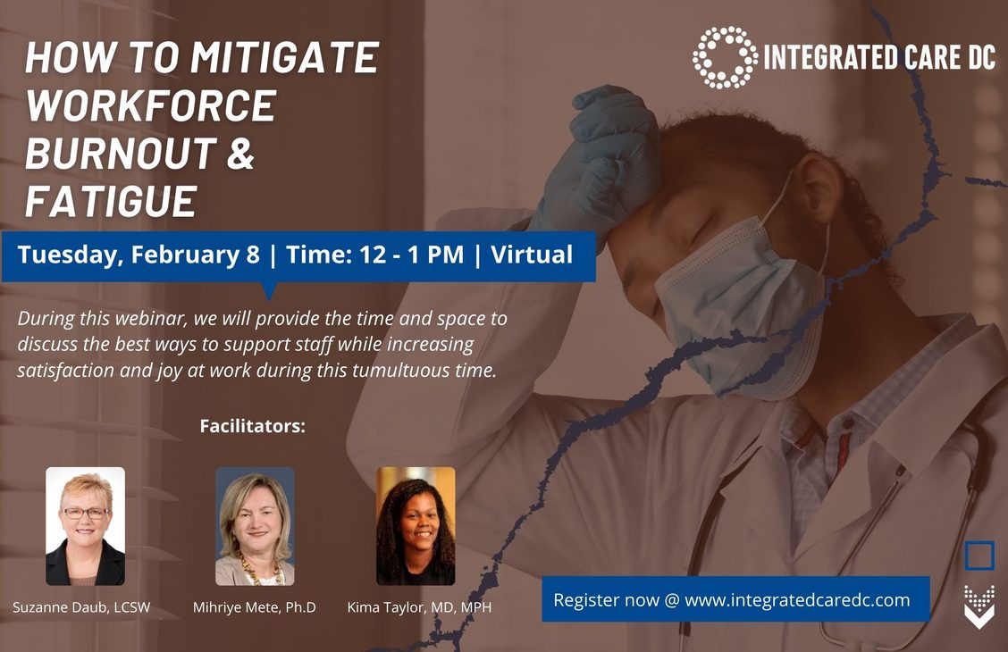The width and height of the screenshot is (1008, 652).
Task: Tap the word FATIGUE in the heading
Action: coord(111,200)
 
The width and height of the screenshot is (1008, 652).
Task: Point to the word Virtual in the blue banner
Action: coord(532,255)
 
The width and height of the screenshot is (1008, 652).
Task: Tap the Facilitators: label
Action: coord(253,426)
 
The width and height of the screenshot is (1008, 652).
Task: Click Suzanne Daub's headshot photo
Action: coord(86,526)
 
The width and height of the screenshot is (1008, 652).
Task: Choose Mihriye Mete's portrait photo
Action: coord(255,526)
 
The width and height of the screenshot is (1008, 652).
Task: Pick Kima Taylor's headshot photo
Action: coord(416,526)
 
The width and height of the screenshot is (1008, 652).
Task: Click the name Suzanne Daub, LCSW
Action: coord(81,607)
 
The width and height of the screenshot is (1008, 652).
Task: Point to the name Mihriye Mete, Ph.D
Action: coord(255,607)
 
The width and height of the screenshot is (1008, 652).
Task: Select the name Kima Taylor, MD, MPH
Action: coord(419,607)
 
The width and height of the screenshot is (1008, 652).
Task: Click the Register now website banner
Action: coord(735,599)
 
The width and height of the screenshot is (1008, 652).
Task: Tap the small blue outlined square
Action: coord(979,556)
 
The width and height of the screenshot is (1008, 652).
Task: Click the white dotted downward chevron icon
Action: coord(979,606)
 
